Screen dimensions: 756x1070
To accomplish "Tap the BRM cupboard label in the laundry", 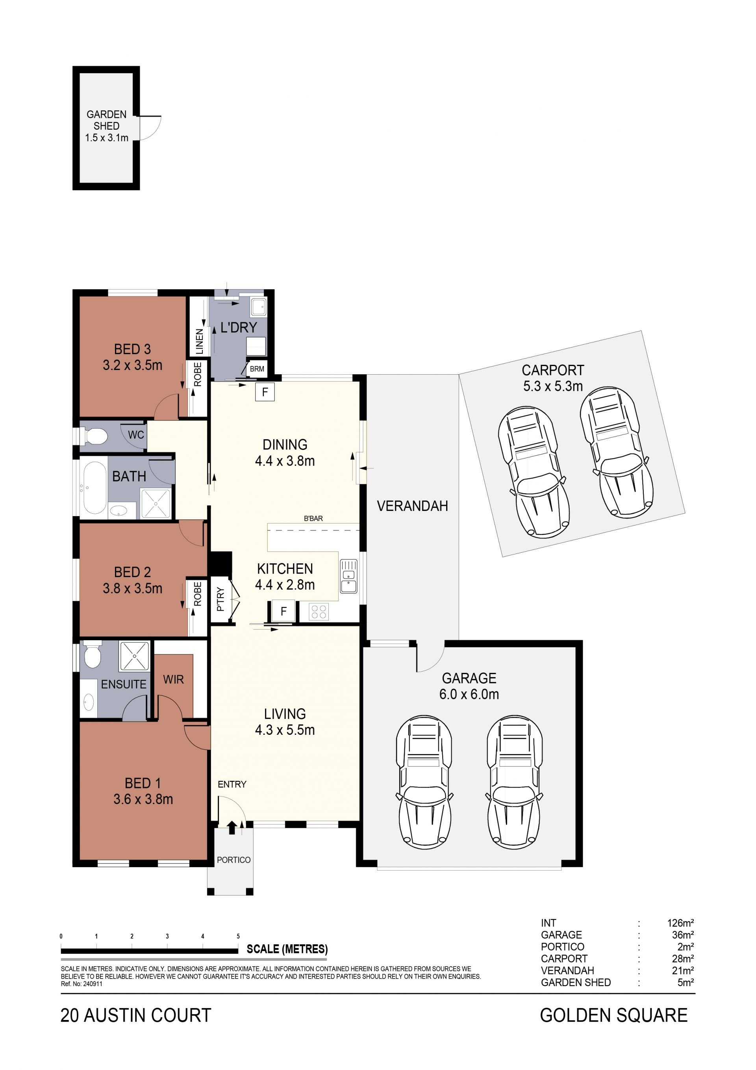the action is click(257, 369).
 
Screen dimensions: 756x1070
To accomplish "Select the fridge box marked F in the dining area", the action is click(265, 392).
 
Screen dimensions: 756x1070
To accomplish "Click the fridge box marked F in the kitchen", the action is click(283, 611).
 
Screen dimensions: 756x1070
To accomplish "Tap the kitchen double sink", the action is click(348, 576).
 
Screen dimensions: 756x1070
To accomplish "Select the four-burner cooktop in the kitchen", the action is click(319, 611).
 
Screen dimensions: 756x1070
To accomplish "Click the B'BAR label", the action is click(313, 518).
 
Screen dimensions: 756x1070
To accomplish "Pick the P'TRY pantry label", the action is click(220, 599).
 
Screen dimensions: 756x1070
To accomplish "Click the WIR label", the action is click(173, 680).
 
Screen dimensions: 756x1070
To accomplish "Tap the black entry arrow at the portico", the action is click(232, 827).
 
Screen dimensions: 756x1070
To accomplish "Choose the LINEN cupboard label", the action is click(199, 341).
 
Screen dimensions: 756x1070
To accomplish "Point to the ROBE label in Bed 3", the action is click(198, 374).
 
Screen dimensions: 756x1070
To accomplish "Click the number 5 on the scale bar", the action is click(238, 936).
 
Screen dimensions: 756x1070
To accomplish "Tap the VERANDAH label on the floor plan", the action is click(412, 506).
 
